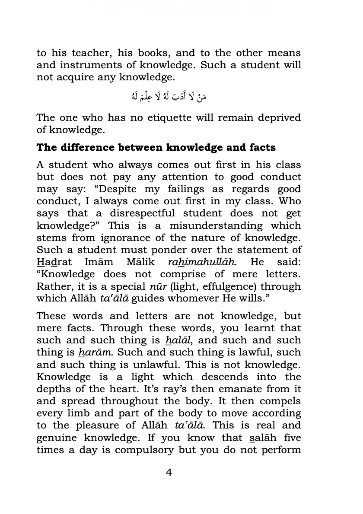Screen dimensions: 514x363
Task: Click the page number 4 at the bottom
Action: coord(169,473)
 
